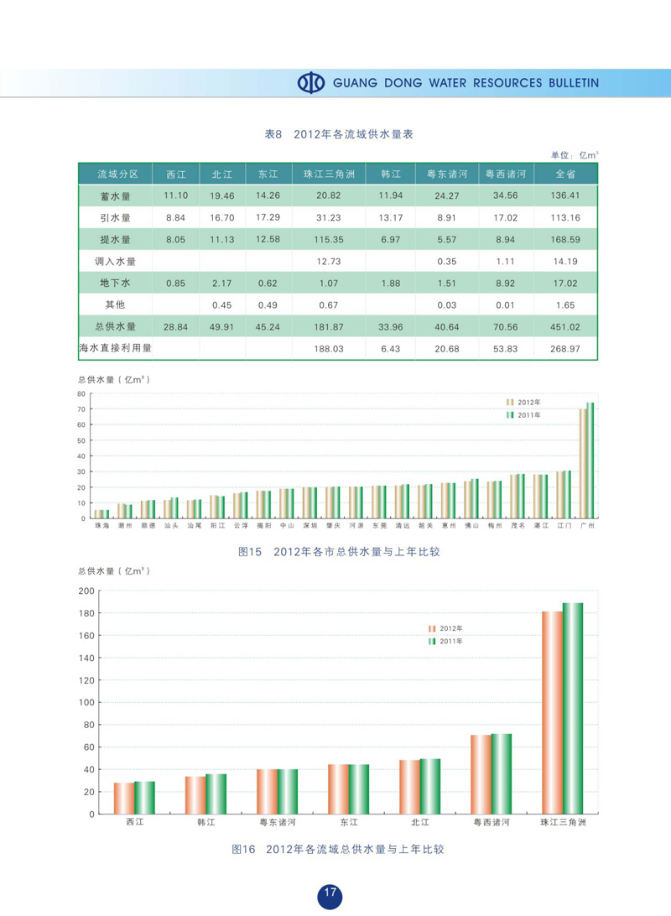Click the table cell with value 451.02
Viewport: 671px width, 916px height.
click(566, 326)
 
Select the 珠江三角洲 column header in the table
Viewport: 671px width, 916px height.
click(329, 174)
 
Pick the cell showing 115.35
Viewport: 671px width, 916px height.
click(329, 239)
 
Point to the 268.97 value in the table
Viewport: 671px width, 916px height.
click(566, 348)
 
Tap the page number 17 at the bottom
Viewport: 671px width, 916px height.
click(330, 893)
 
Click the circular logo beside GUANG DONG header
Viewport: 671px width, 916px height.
click(311, 83)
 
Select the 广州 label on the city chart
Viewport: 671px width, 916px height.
click(588, 525)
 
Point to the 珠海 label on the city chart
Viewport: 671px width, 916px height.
click(101, 525)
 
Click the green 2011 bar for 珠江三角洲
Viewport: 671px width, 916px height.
click(572, 708)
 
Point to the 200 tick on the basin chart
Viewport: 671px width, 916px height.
click(86, 591)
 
